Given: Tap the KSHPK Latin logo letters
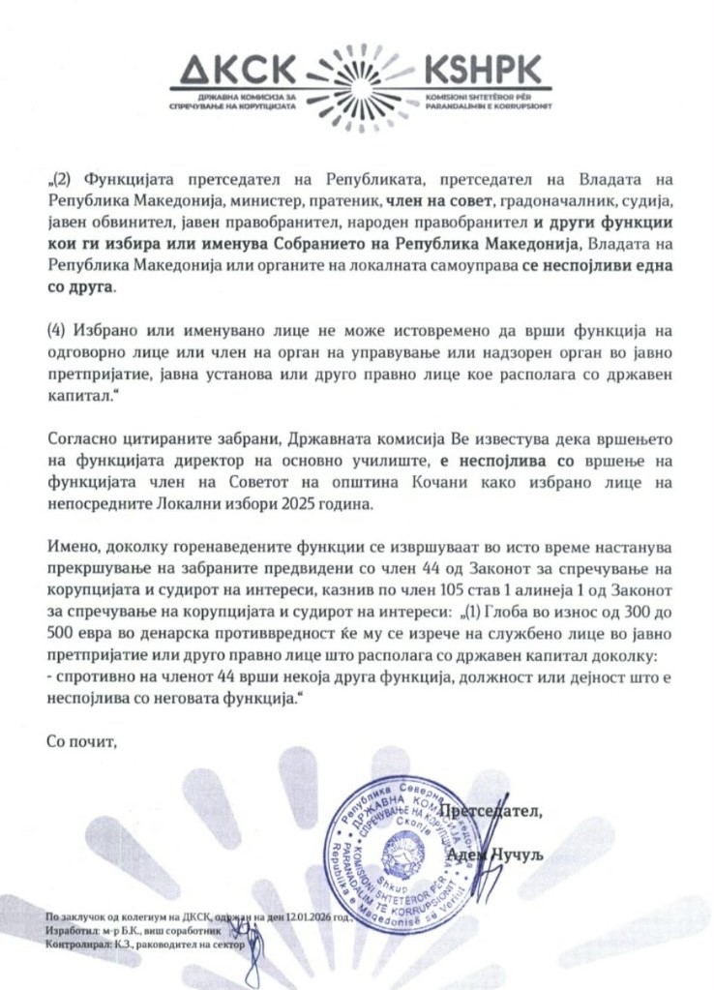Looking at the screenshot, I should pyautogui.click(x=484, y=70).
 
